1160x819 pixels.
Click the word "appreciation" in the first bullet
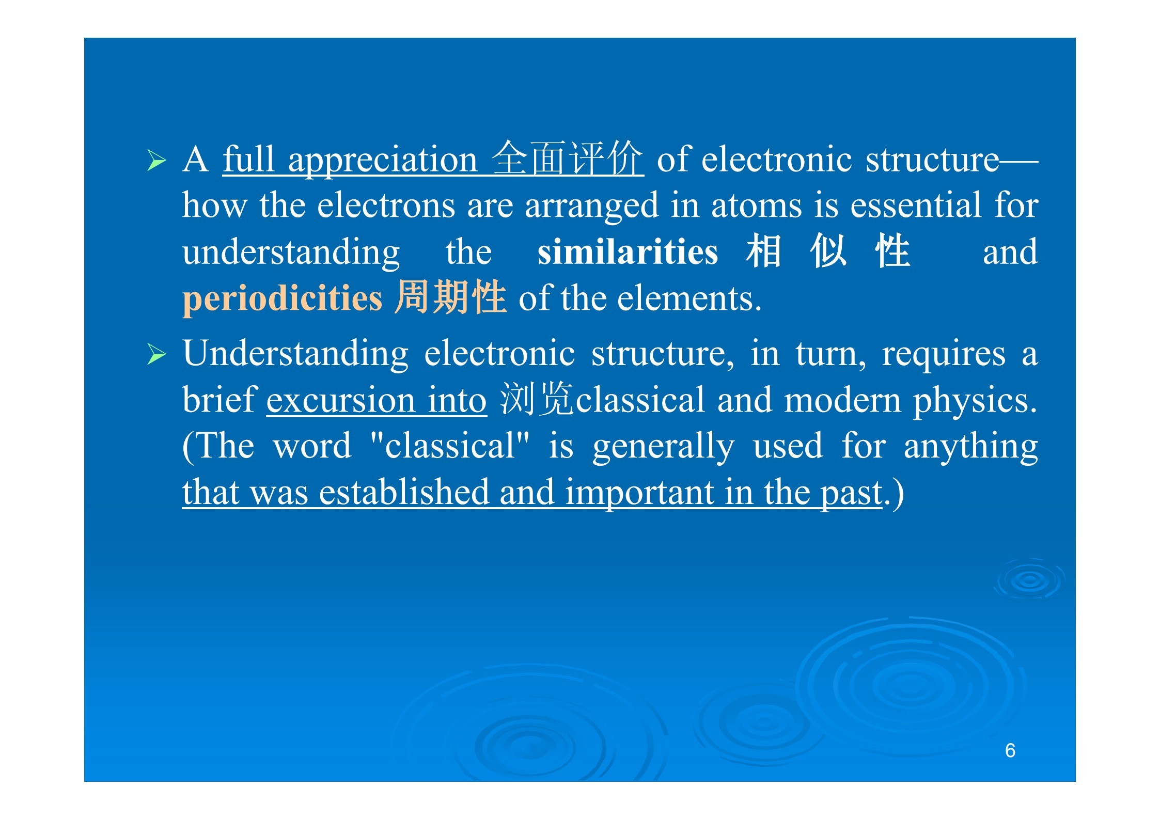383,161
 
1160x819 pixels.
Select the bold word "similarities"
628,252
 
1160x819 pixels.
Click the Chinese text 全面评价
568,159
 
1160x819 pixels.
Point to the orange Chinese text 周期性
450,297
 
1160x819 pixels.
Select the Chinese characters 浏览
537,399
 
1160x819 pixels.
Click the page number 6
1010,750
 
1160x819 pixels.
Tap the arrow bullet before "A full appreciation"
156,161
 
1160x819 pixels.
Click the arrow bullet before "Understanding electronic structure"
156,354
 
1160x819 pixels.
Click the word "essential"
916,206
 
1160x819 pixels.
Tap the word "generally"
663,447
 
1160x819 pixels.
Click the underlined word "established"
404,493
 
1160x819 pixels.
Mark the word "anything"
970,447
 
